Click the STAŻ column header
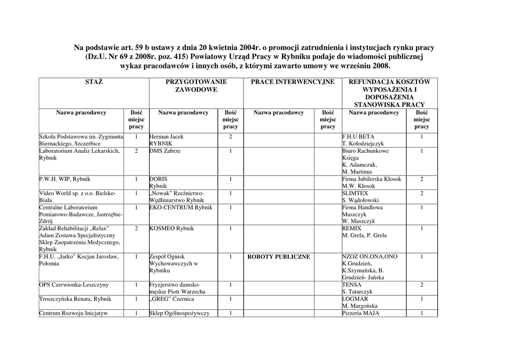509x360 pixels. [x=94, y=82]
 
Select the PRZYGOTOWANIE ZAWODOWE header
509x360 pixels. [x=196, y=86]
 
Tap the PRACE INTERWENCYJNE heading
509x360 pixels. [x=292, y=82]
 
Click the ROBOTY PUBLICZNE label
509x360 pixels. [x=279, y=257]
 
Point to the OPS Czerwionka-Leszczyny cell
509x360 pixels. [x=74, y=285]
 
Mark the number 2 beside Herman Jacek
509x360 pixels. [x=231, y=136]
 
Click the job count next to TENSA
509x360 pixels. [x=422, y=285]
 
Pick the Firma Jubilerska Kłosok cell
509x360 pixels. [x=371, y=182]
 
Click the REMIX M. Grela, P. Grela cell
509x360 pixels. [x=364, y=232]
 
